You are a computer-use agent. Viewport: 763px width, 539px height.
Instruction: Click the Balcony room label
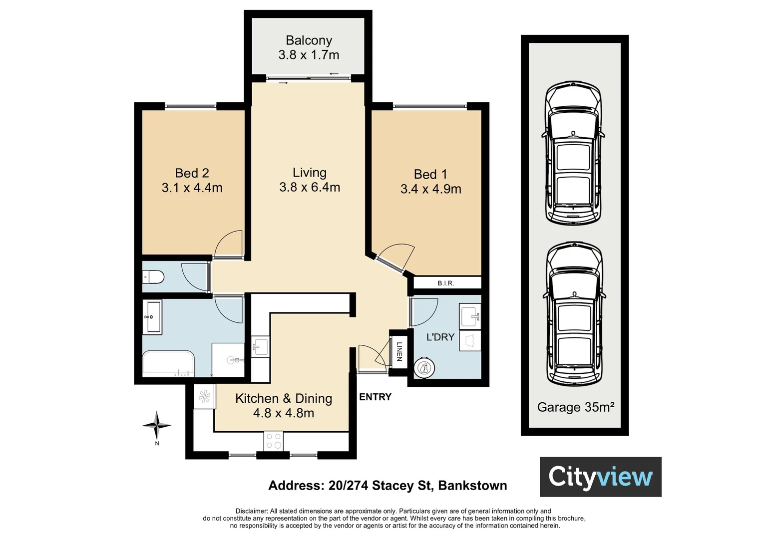point(309,40)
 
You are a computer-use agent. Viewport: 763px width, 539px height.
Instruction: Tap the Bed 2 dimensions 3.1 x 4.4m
point(192,188)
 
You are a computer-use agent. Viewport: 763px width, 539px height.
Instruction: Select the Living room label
point(309,173)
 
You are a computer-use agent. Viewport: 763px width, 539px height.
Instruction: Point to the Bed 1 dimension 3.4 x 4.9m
point(430,189)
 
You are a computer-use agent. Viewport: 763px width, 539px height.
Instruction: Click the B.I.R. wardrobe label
point(445,283)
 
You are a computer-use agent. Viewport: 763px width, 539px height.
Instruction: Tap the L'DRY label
point(440,337)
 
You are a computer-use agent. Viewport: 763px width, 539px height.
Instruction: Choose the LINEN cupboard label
point(399,351)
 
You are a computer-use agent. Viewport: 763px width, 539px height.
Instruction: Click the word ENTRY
point(375,397)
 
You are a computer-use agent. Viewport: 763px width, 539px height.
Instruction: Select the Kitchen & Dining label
point(284,398)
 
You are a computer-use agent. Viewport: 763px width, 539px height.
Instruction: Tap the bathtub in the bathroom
point(168,364)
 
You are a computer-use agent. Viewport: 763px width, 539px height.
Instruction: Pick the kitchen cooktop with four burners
point(274,441)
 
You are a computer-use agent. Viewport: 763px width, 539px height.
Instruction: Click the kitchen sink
point(260,346)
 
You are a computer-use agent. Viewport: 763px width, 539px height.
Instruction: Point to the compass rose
point(157,425)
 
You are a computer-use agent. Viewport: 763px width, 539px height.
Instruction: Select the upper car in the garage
point(573,153)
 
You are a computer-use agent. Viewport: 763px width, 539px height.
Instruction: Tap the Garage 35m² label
point(576,407)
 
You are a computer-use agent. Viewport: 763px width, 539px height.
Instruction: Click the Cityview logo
point(601,477)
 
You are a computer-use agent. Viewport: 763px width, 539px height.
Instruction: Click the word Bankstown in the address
point(472,485)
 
